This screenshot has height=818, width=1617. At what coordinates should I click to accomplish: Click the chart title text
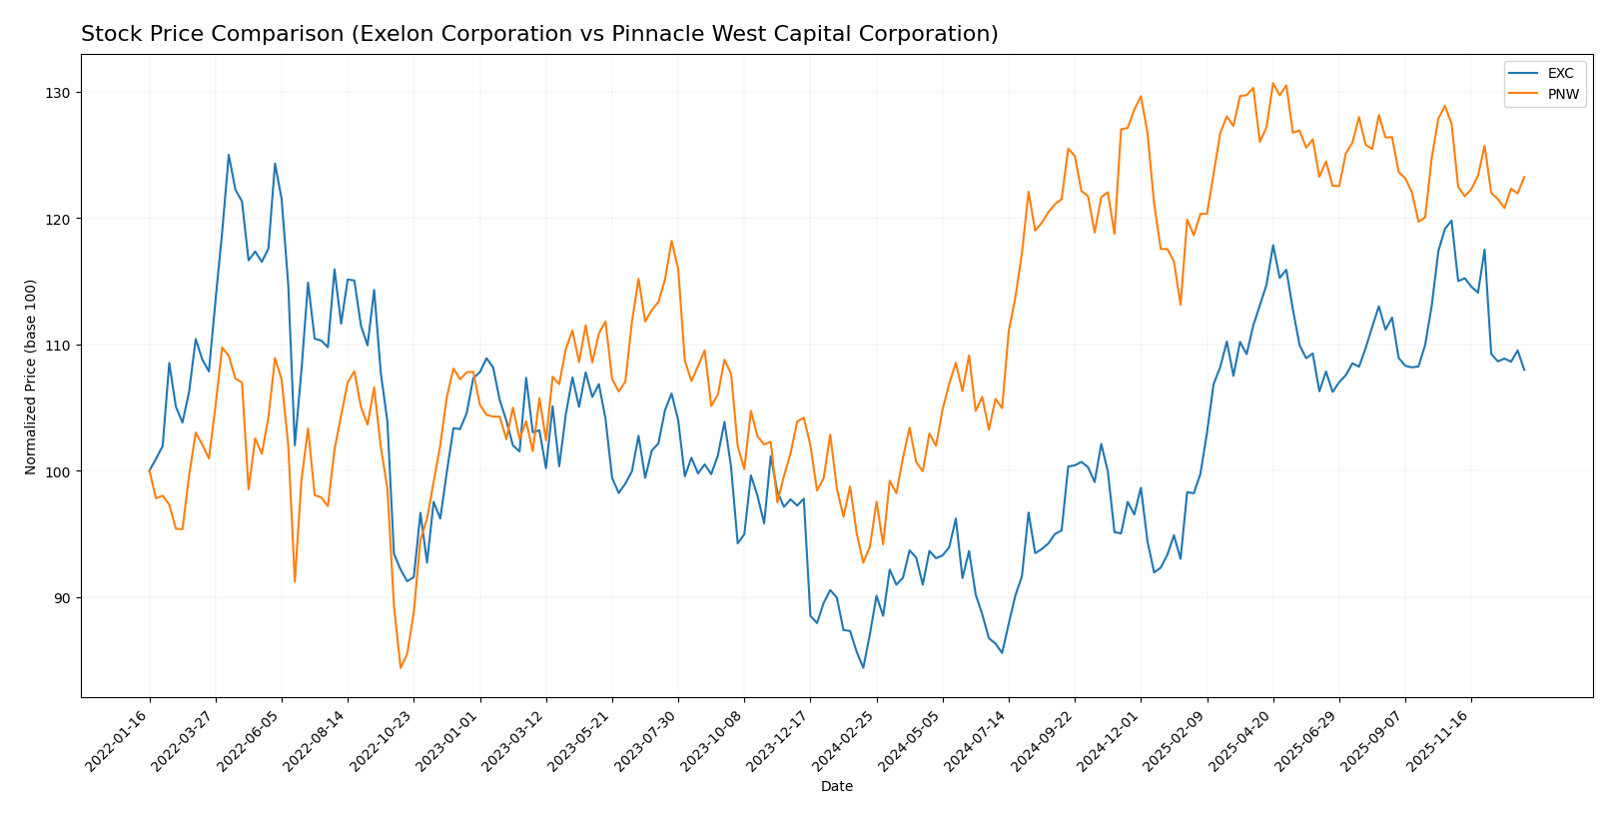[539, 34]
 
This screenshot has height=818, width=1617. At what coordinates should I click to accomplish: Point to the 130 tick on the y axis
[61, 93]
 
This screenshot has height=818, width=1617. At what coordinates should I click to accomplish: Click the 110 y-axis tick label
[61, 346]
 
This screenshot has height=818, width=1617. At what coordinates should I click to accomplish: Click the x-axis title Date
[836, 787]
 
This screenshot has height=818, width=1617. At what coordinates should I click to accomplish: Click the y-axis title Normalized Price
[31, 377]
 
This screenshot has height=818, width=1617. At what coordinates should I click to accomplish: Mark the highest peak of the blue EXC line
[229, 155]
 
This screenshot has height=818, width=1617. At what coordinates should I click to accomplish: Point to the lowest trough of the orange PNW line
[401, 667]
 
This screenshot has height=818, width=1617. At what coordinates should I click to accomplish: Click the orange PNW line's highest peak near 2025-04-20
[1272, 84]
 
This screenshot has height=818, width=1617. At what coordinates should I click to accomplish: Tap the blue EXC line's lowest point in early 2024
[863, 667]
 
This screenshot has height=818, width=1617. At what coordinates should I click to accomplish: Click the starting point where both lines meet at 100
[150, 470]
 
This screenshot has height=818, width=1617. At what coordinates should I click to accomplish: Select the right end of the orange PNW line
[1524, 177]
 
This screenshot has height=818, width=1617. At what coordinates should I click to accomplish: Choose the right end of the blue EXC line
[1524, 370]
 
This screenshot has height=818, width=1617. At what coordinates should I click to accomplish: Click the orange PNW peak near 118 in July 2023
[671, 241]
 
